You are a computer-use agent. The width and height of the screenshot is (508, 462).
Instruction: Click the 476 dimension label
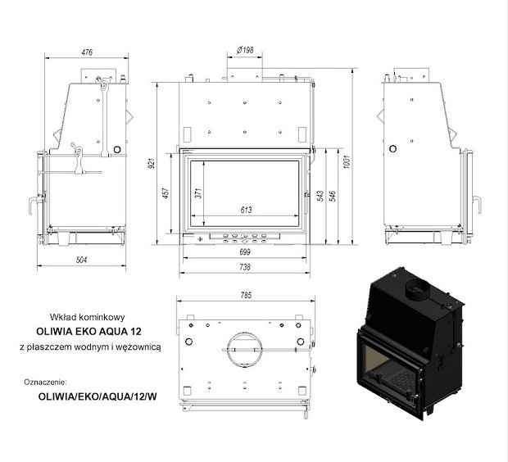87,52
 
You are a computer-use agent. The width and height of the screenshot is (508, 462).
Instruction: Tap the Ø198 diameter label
245,50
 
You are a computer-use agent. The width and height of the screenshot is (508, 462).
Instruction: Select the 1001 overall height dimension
347,161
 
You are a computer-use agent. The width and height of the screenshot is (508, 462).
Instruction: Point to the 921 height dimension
152,163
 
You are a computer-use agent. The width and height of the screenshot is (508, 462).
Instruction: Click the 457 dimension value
166,193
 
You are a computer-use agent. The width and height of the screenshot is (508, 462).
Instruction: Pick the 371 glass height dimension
198,193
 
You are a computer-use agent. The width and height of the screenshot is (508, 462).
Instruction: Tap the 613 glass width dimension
246,210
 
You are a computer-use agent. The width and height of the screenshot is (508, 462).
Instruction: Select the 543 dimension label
320,196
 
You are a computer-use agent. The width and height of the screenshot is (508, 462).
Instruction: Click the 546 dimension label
333,196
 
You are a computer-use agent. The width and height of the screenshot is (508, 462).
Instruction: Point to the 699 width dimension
245,252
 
